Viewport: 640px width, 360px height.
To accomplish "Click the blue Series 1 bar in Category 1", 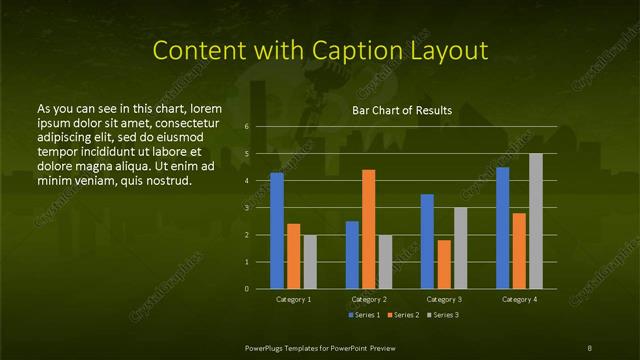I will tap(277, 230).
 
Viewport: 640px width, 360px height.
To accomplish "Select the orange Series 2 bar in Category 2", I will tap(369, 229).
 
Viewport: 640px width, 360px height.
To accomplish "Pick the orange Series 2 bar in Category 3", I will tap(444, 264).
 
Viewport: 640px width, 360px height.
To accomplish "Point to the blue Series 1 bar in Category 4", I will tap(502, 227).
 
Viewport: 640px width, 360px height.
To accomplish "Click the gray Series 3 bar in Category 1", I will tap(310, 261).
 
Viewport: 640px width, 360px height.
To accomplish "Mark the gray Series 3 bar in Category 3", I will tap(460, 247).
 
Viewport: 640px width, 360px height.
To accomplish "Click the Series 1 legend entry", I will tap(363, 315).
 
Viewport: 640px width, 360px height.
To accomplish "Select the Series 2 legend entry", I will tap(401, 315).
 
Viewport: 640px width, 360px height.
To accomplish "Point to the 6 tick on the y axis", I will tap(247, 127).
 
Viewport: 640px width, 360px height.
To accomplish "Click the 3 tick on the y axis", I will tap(247, 208).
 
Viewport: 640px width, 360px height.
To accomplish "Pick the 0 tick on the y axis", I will tap(247, 288).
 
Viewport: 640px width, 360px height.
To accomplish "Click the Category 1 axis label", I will tap(294, 299).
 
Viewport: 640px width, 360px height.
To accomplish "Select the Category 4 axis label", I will tap(519, 299).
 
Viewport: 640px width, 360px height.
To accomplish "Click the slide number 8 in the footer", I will tap(590, 346).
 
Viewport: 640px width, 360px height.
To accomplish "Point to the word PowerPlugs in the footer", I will tap(265, 346).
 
